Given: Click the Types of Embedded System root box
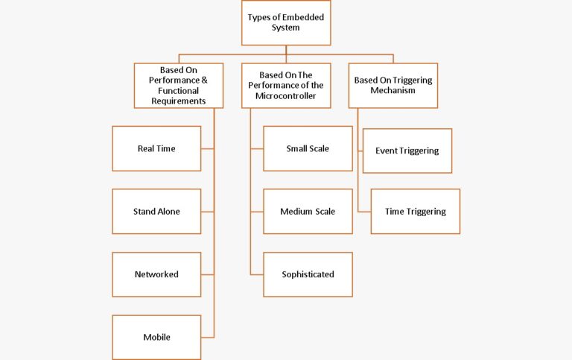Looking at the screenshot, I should coord(286,23).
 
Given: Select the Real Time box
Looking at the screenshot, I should coord(156,148).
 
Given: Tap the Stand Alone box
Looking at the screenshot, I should coord(156,212).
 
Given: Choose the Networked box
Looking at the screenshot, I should coord(156,274).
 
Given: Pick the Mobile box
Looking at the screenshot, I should coord(156,337).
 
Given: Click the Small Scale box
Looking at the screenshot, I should coord(308,148).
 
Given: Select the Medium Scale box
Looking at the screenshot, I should coord(308,212).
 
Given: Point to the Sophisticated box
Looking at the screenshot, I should coord(308,274).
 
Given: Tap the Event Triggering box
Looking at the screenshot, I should coord(407,151).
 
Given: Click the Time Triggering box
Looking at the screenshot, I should coord(415,212).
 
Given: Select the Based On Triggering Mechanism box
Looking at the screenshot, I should coord(393,85).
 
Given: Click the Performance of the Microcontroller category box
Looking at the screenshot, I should coord(286,85).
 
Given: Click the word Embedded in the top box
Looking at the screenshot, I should coord(305,17).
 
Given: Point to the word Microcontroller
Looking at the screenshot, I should coord(286,95).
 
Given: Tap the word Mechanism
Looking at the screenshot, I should coord(393,90).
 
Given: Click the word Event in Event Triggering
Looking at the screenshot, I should coord(387,151).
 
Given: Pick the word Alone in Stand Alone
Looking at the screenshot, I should coord(168,212).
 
